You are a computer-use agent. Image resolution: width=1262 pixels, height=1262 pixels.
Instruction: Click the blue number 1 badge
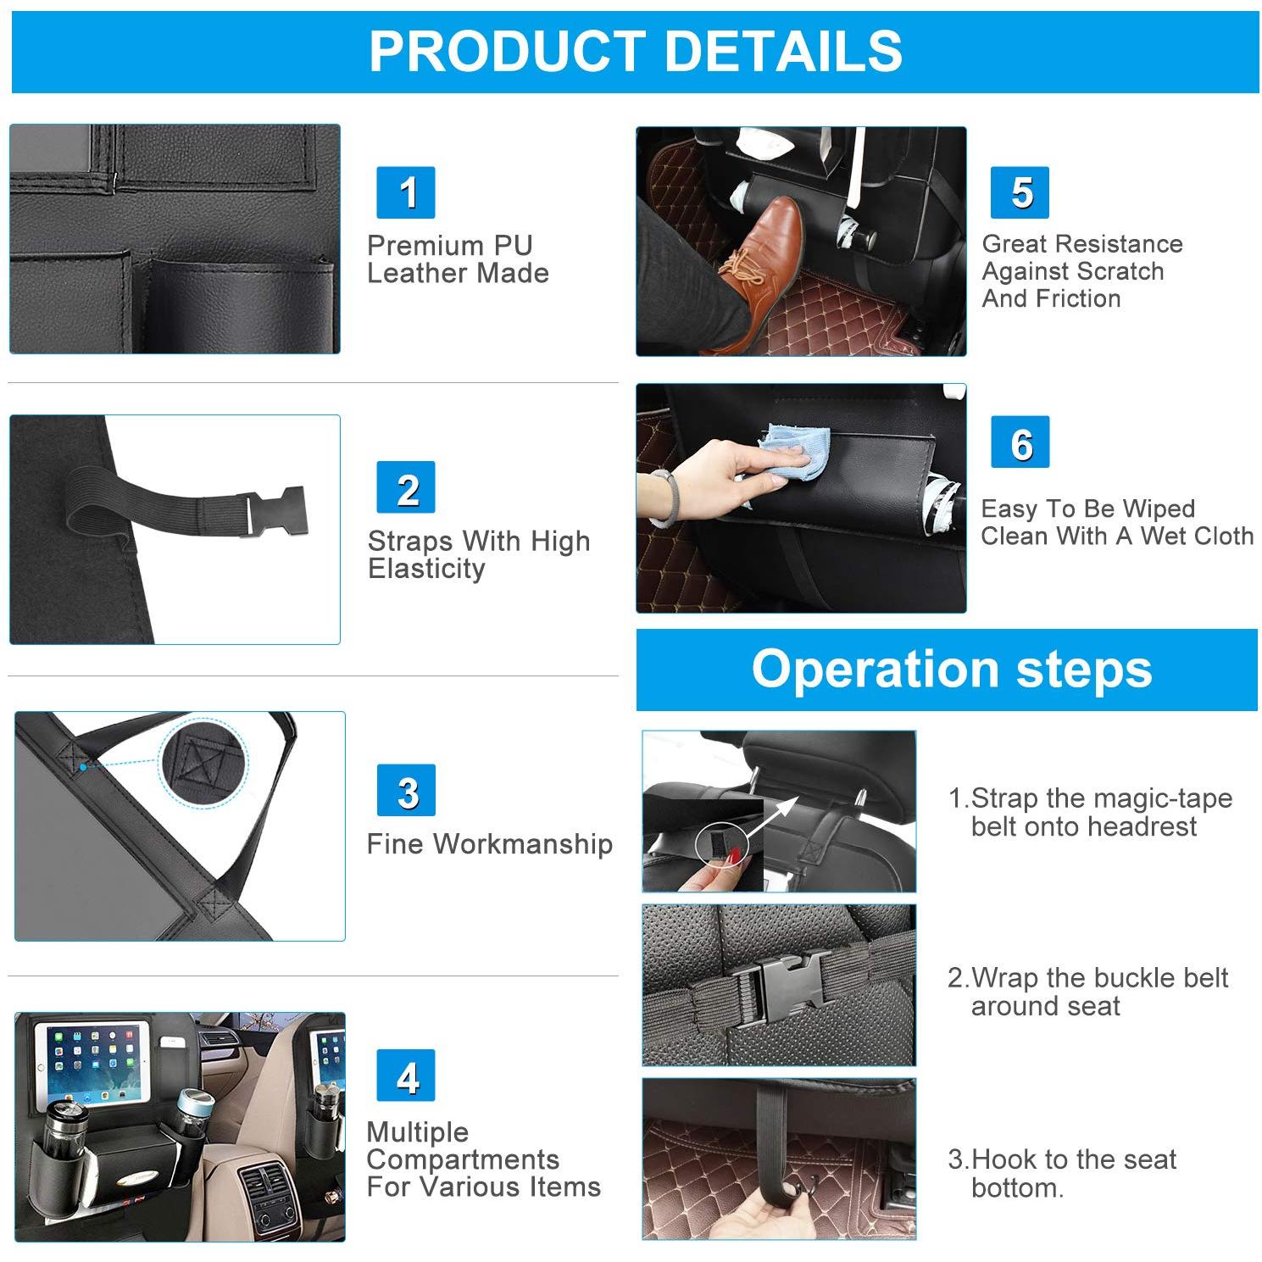tap(406, 192)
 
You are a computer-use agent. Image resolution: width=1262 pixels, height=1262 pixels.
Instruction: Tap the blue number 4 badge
tap(406, 1076)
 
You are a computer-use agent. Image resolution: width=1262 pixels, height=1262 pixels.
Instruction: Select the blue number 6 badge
tap(1020, 442)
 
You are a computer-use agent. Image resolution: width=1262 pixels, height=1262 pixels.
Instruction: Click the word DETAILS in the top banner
tap(784, 51)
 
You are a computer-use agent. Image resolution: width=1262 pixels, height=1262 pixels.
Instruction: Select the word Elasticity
tap(426, 570)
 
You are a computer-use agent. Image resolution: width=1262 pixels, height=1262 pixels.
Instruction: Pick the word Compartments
tap(463, 1160)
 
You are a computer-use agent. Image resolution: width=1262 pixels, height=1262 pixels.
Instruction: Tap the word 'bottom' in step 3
tap(1015, 1187)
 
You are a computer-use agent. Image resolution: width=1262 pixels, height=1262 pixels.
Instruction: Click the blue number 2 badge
tap(406, 487)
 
